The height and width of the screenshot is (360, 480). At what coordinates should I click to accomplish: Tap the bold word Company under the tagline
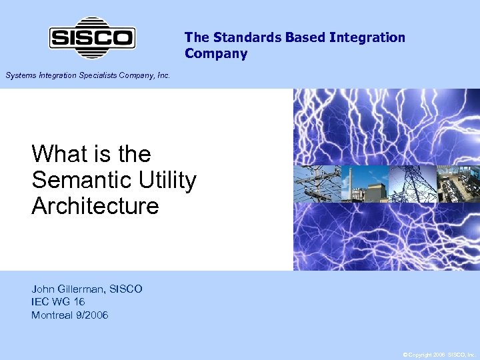pyautogui.click(x=216, y=54)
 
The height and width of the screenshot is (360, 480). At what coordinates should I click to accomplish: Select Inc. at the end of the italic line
pyautogui.click(x=163, y=76)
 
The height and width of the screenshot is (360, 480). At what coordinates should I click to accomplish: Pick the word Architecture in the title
pyautogui.click(x=95, y=207)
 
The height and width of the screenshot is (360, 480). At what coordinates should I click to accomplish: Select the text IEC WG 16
pyautogui.click(x=58, y=302)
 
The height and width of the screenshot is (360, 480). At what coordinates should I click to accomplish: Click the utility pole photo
pyautogui.click(x=317, y=184)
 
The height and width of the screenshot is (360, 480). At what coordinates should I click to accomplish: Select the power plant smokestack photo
pyautogui.click(x=364, y=184)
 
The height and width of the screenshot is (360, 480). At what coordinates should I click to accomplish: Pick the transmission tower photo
pyautogui.click(x=411, y=184)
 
